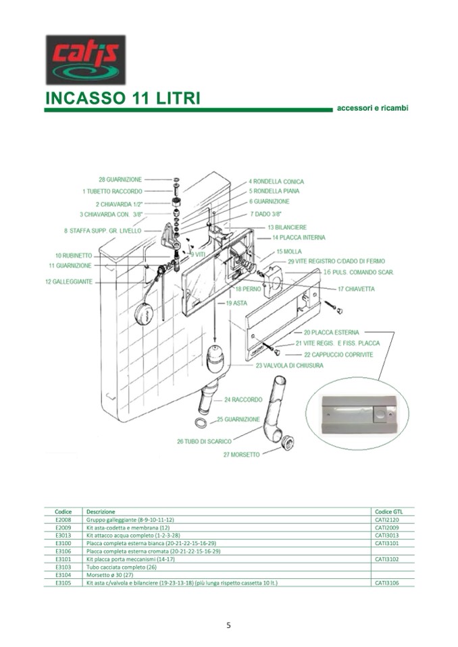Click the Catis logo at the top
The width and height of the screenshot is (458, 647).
85,59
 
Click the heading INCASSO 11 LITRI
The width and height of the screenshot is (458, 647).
122,99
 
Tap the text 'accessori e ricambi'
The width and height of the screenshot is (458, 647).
373,108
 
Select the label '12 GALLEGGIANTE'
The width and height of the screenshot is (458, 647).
69,281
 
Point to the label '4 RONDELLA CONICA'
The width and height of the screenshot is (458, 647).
276,181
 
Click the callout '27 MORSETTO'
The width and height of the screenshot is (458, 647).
241,455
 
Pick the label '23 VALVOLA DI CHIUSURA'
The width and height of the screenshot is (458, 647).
289,366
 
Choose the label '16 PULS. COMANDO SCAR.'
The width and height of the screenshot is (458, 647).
358,272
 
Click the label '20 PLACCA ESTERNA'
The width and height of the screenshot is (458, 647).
331,333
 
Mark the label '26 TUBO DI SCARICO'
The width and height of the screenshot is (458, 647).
205,442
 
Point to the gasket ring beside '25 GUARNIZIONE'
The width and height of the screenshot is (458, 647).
201,423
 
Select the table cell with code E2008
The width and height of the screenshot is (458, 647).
63,521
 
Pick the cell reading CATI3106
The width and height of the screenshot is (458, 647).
387,582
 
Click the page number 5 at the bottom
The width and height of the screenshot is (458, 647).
229,625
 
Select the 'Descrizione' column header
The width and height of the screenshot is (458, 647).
101,512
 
